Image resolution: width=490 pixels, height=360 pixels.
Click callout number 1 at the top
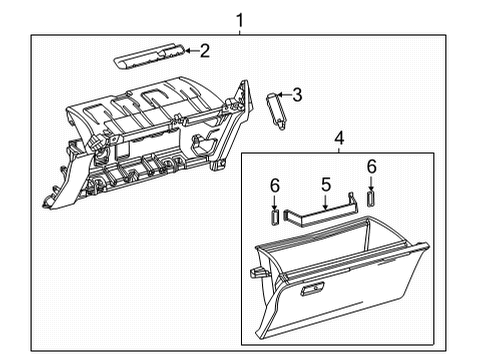[x=239, y=18]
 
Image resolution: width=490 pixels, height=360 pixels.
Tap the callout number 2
[x=204, y=50]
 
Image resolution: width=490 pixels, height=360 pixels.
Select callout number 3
[x=296, y=95]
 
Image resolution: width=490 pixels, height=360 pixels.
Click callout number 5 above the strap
[x=325, y=184]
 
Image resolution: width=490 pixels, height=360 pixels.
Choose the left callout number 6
[x=275, y=185]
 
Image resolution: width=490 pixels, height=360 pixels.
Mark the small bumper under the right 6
[x=371, y=198]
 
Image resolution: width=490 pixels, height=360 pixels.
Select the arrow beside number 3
[x=284, y=96]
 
